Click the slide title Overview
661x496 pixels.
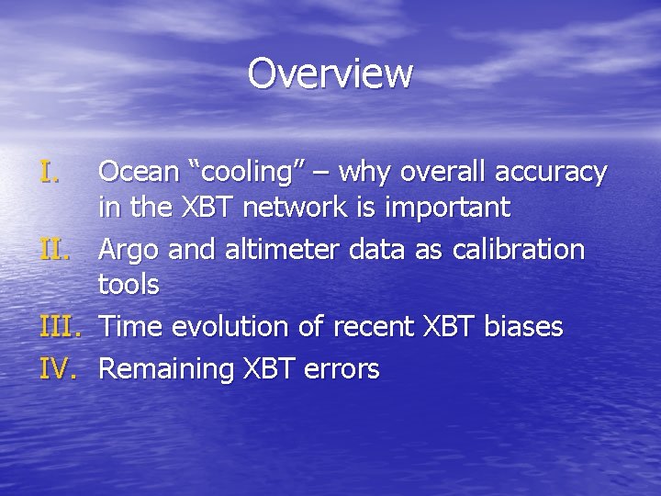pyautogui.click(x=330, y=73)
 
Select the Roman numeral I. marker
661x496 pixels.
pyautogui.click(x=50, y=172)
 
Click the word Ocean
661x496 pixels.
pyautogui.click(x=137, y=172)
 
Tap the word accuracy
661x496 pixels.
pyautogui.click(x=551, y=173)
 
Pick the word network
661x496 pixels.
pyautogui.click(x=297, y=208)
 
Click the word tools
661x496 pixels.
pyautogui.click(x=129, y=285)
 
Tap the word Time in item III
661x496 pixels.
pyautogui.click(x=128, y=327)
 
